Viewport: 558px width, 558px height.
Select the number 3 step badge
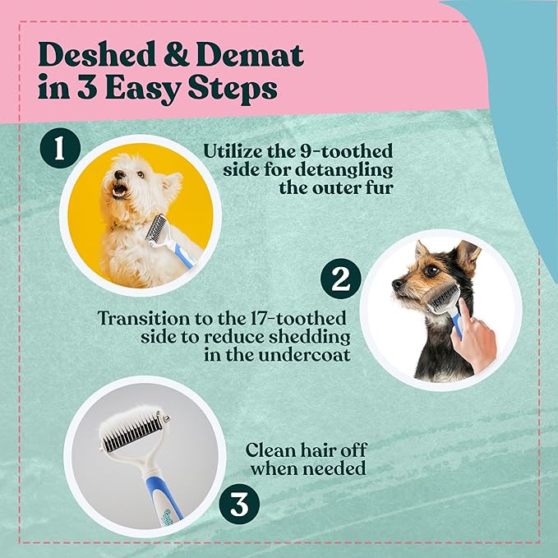[x=237, y=504]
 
